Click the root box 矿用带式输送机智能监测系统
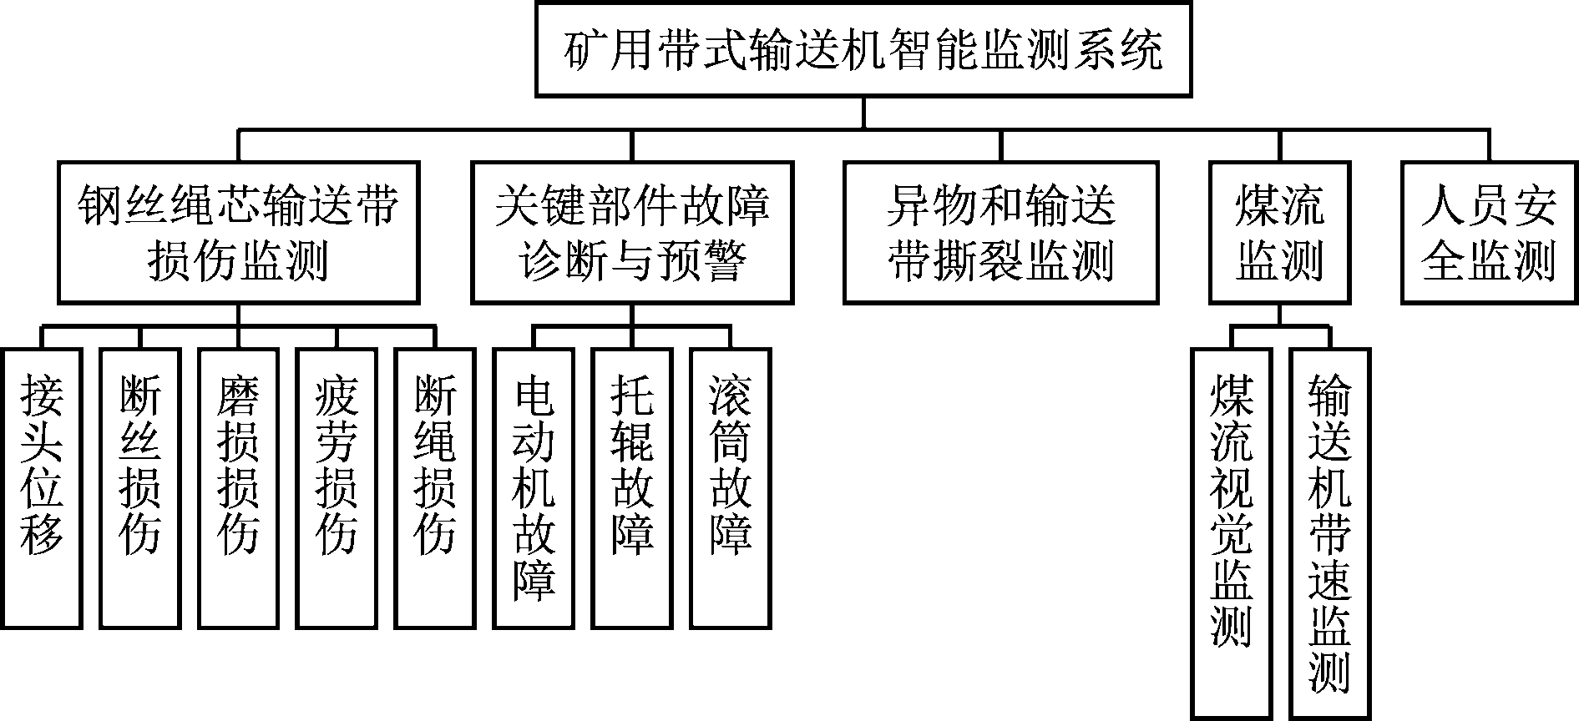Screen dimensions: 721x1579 [863, 49]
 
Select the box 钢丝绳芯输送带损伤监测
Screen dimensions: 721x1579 [238, 232]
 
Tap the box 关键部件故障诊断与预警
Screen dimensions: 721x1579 [632, 232]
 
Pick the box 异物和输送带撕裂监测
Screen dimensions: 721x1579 [1000, 232]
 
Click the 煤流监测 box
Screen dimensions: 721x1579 [1279, 232]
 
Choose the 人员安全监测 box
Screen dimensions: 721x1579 [1488, 232]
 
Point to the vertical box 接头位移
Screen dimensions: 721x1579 [42, 488]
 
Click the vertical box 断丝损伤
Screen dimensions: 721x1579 [140, 488]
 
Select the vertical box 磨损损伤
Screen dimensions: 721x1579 [239, 488]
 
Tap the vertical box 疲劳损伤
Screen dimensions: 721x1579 [337, 488]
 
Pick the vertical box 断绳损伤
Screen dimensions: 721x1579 [435, 488]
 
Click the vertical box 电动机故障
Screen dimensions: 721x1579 [534, 488]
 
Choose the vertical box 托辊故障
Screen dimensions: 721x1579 [632, 488]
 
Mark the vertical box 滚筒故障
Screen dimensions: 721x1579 [731, 488]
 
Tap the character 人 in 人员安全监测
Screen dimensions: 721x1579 [1444, 204]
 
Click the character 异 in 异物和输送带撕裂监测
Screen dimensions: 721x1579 [908, 204]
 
